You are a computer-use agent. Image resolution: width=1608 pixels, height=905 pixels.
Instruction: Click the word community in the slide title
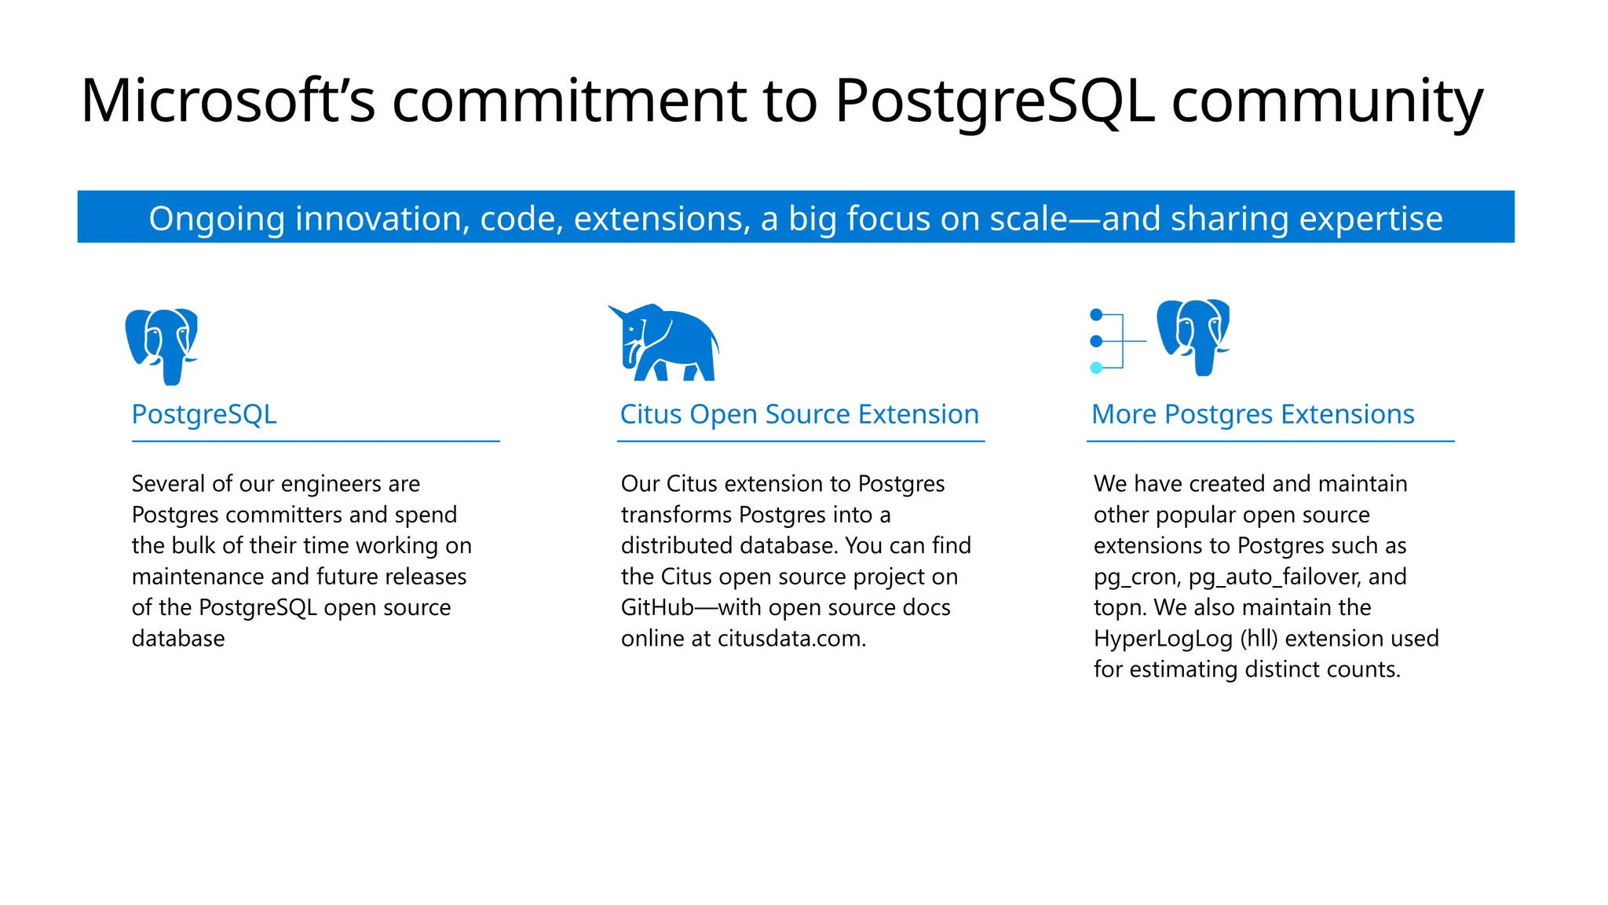tap(1327, 102)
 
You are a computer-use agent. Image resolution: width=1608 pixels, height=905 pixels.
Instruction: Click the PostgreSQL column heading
tap(204, 414)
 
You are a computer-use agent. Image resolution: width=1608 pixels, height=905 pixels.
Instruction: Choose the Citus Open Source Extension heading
tap(799, 414)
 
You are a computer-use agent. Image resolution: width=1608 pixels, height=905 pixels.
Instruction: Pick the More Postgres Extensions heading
tap(1253, 414)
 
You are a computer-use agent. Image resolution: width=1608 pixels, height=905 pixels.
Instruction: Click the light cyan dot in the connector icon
tap(1097, 368)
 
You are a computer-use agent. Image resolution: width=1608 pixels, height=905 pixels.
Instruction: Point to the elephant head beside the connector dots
tap(1193, 335)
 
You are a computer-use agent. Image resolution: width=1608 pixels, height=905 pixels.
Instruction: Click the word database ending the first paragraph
tap(178, 639)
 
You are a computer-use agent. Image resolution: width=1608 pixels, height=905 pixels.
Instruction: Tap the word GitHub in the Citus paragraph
tap(657, 607)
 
